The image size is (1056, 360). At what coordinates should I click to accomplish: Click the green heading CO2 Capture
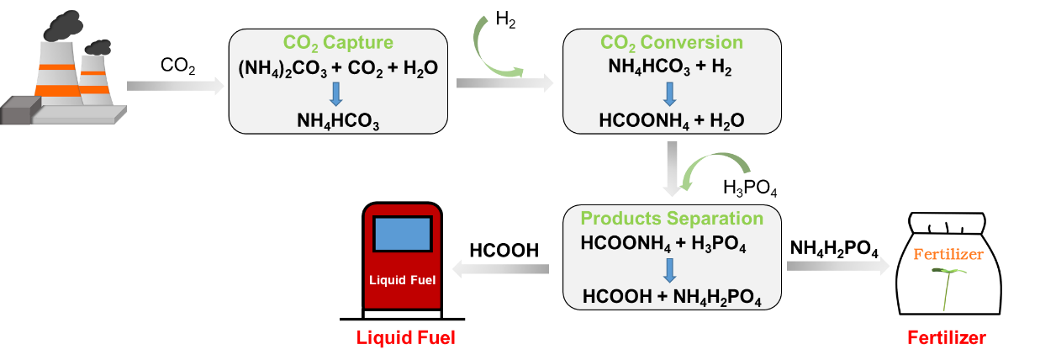[337, 43]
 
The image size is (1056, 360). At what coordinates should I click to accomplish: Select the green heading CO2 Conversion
[671, 43]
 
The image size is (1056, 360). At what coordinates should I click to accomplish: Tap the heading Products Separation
[672, 220]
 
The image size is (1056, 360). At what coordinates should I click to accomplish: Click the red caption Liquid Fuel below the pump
[405, 338]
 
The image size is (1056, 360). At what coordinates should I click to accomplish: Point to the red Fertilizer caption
[946, 338]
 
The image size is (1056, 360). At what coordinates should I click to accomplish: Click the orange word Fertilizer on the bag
[948, 254]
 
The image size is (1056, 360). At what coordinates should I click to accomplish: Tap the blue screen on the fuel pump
[403, 234]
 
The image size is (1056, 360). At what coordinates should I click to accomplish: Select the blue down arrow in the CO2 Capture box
[337, 93]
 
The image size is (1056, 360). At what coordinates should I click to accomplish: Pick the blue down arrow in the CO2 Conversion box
[671, 93]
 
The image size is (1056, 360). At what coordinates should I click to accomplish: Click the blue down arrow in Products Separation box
[671, 270]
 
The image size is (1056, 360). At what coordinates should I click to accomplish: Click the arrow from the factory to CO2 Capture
[171, 85]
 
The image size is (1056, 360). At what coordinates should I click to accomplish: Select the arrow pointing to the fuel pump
[501, 268]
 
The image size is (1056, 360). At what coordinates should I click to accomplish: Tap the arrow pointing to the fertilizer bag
[837, 267]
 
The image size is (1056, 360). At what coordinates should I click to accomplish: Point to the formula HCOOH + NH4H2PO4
[672, 296]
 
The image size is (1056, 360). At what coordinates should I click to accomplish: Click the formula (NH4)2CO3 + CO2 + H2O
[337, 67]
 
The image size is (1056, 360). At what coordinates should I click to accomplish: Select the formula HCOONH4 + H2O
[671, 120]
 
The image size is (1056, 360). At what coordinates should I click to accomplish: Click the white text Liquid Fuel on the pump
[403, 280]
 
